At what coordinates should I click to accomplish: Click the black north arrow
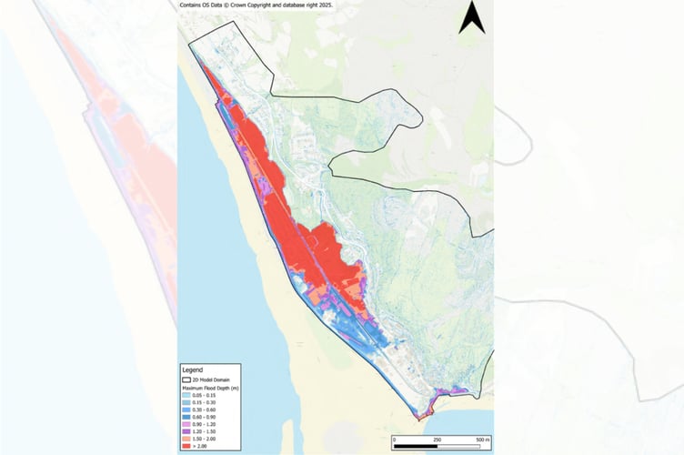tap(471, 17)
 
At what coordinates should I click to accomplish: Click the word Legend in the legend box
tap(195, 370)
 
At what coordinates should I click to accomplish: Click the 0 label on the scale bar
tap(395, 439)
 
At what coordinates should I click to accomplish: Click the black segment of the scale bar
tap(414, 447)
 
